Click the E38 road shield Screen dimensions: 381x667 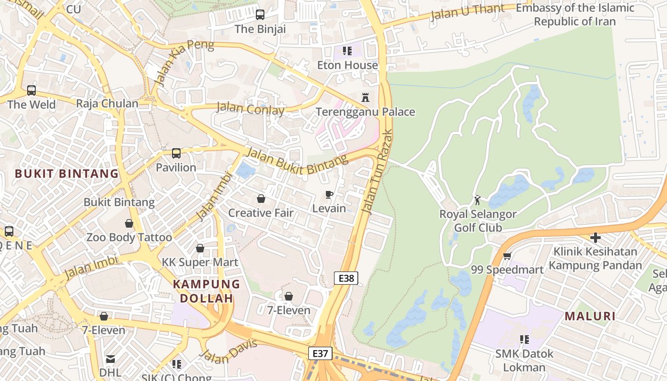pos(346,278)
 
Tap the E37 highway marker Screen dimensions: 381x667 pos(320,353)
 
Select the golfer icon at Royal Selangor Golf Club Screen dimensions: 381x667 pos(477,200)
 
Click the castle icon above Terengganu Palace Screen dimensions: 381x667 pos(365,98)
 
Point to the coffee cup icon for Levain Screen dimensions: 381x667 pos(329,194)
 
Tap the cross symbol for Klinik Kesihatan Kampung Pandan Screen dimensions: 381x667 pos(595,237)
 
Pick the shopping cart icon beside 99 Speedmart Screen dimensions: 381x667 pos(507,256)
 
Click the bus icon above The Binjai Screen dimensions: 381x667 pos(260,15)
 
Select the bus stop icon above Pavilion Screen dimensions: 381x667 pos(176,153)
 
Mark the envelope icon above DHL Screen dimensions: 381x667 pos(111,359)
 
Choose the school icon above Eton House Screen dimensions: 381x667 pos(347,50)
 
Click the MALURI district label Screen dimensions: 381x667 pos(590,316)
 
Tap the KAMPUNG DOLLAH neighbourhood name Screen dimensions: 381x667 pos(206,291)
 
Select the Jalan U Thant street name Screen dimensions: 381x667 pos(467,12)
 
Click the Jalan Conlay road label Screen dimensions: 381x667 pos(250,109)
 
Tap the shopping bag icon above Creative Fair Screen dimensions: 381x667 pos(261,199)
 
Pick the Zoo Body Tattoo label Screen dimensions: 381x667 pos(129,237)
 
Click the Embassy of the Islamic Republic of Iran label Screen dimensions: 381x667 pos(575,15)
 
